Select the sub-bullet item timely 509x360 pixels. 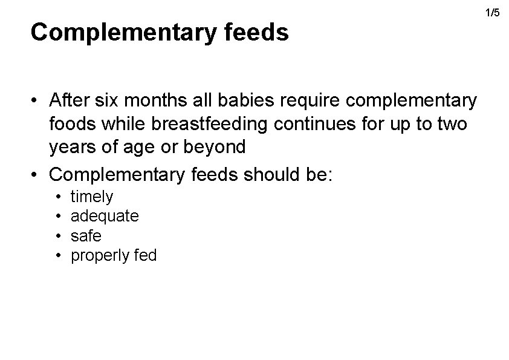coord(92,196)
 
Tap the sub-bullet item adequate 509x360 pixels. coord(105,216)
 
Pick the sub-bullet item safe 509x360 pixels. coord(86,236)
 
